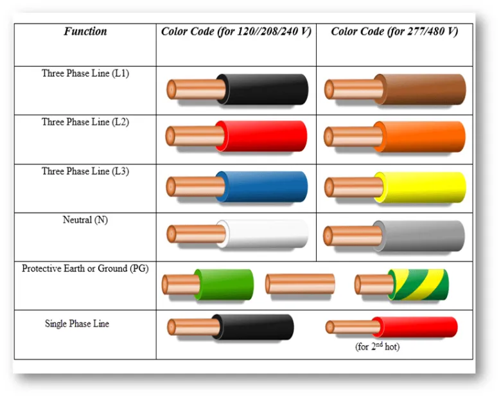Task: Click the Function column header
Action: (85, 31)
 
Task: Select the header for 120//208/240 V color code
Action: (236, 31)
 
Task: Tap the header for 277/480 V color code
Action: (394, 31)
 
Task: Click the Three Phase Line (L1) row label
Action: (85, 73)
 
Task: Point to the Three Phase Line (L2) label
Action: (85, 122)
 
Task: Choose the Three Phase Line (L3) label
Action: (85, 171)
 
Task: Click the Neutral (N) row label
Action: (85, 220)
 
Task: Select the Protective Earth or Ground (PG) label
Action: (85, 268)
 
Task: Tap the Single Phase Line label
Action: (77, 323)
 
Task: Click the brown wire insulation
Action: (420, 89)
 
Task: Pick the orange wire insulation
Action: (419, 136)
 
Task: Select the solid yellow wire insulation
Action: (420, 188)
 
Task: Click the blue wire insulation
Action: (261, 187)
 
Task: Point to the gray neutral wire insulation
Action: (419, 236)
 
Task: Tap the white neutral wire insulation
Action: (262, 234)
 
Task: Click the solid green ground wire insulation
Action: (224, 285)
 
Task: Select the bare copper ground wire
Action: (300, 283)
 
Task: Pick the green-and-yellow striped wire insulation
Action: (418, 285)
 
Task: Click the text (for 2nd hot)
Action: (377, 346)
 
